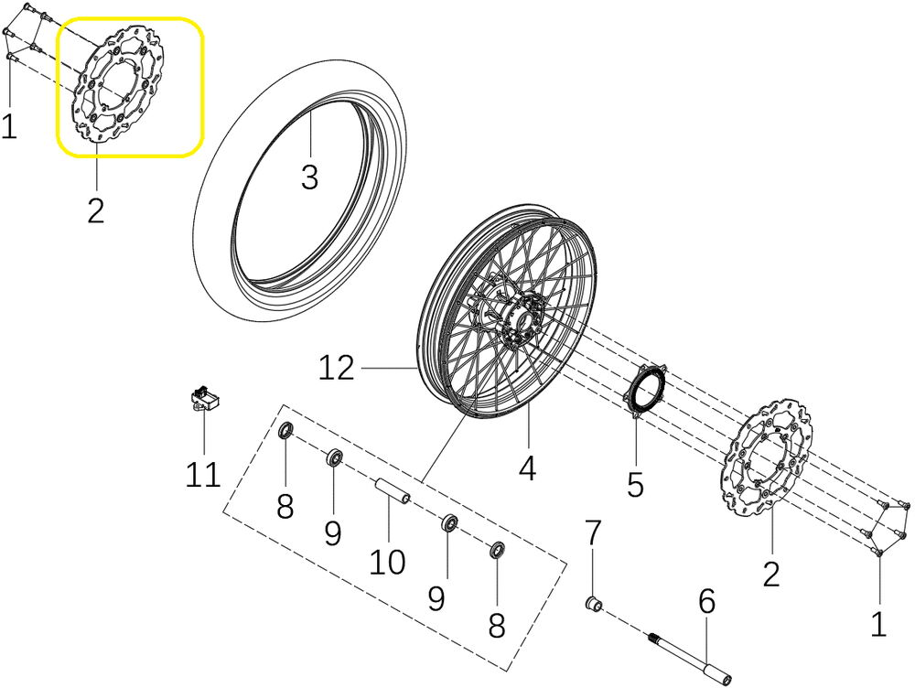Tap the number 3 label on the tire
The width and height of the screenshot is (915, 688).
click(x=310, y=177)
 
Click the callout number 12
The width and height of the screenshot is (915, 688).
click(x=337, y=368)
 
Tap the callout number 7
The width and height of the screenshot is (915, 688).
click(x=593, y=532)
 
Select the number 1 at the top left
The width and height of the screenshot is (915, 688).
click(x=9, y=126)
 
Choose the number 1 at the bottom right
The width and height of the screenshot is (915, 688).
click(x=878, y=624)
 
